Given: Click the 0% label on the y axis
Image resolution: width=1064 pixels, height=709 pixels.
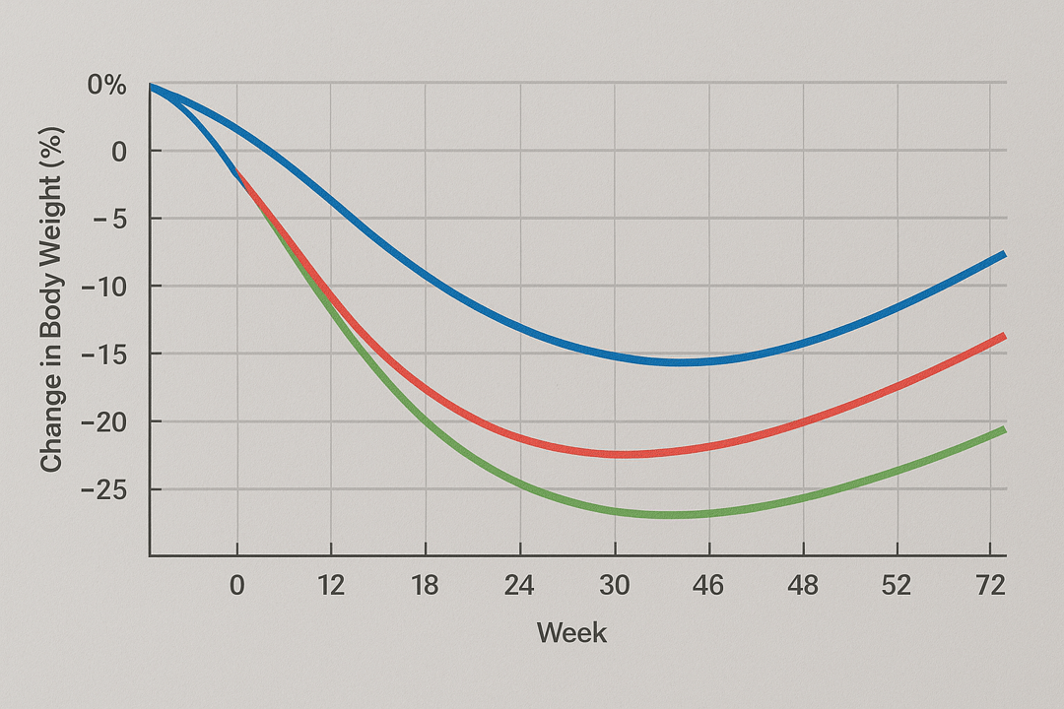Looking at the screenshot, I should tap(106, 86).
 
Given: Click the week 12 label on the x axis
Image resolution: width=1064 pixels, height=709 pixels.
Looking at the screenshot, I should tap(331, 586).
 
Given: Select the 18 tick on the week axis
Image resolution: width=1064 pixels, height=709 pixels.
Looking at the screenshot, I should tap(425, 586).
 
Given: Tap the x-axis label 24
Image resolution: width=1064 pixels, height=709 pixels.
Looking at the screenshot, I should tap(519, 586).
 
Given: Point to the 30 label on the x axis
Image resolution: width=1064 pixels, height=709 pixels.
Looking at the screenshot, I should tap(614, 586).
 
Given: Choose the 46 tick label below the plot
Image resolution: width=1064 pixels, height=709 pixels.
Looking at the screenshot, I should tap(707, 586).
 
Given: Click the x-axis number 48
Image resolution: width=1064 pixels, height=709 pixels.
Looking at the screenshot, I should tap(803, 586).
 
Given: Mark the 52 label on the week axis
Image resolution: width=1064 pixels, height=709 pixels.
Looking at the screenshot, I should tap(897, 586).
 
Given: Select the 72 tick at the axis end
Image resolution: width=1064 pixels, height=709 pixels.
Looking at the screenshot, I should tap(989, 586).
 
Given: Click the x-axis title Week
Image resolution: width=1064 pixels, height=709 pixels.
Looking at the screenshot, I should tap(571, 632).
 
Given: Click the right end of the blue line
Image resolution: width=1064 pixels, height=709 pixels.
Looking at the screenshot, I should tap(1004, 254).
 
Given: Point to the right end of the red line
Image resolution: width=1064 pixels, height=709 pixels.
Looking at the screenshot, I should tap(1004, 336).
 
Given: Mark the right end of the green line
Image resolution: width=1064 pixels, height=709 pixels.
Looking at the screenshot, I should tap(1004, 428).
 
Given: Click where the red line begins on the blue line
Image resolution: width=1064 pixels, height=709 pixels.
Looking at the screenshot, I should tap(237, 174).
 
